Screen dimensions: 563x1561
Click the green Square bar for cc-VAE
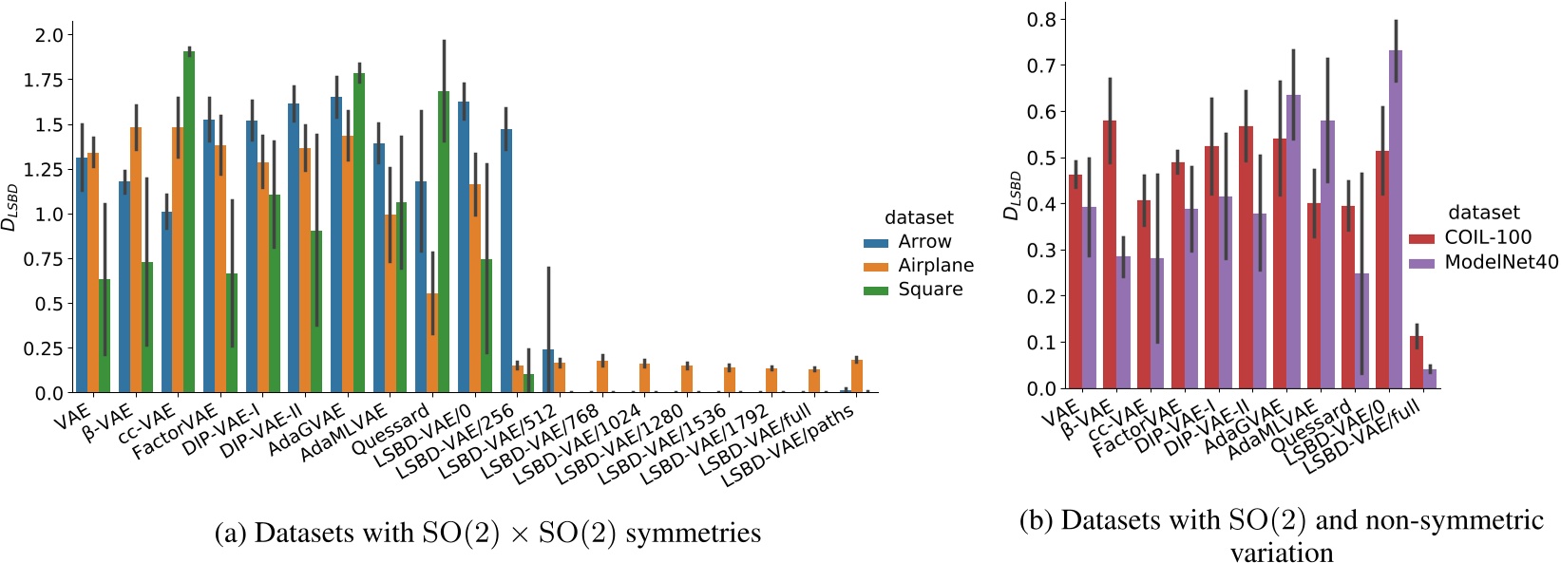[x=189, y=223]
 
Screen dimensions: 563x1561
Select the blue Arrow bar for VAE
[x=82, y=275]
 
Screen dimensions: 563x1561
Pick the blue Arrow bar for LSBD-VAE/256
[x=507, y=261]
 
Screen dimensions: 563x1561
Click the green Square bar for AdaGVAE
[x=359, y=233]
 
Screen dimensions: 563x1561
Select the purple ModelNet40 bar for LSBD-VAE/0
[x=1396, y=218]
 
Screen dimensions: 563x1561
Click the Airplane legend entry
[x=935, y=266]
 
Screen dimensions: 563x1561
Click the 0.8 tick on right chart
[x=1042, y=19]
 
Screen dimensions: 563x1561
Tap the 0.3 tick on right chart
[x=1042, y=251]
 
